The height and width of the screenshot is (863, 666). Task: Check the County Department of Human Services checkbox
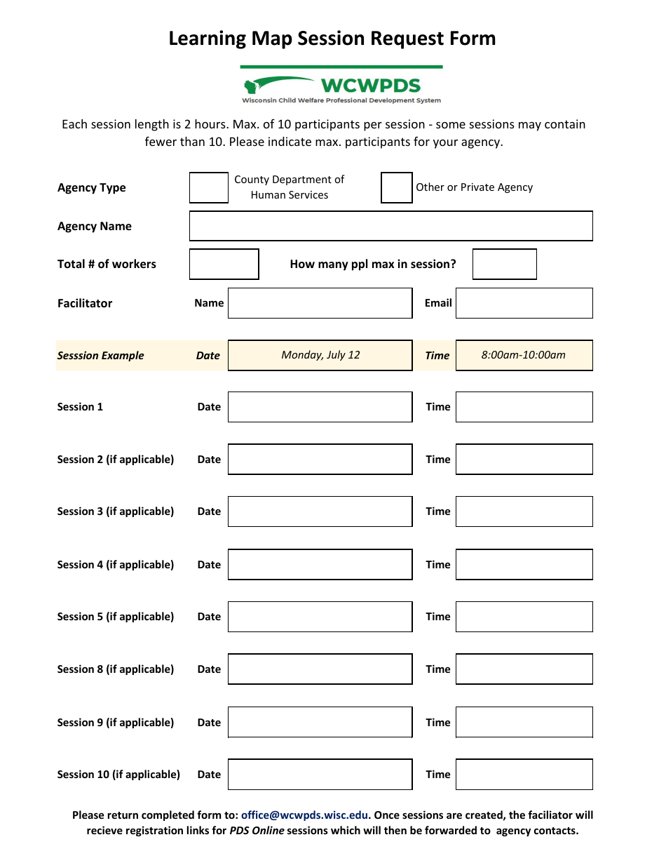click(x=209, y=188)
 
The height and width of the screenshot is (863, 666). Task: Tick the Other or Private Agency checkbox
click(x=396, y=187)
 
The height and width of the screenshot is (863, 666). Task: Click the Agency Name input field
click(x=390, y=226)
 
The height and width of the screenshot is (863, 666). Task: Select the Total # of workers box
click(x=224, y=264)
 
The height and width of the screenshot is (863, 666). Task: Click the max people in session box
click(x=504, y=264)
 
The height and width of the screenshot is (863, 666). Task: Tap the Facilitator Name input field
click(x=320, y=303)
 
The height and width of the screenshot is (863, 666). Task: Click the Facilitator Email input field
click(x=524, y=303)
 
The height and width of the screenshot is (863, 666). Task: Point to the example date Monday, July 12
click(x=320, y=355)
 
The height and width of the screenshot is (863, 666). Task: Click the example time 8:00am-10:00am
click(x=524, y=355)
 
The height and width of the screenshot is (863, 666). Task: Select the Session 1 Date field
click(x=320, y=407)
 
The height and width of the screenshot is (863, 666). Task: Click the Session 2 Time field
click(x=524, y=460)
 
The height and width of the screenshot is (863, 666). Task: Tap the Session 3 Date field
click(x=320, y=511)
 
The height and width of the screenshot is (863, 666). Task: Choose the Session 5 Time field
click(x=524, y=617)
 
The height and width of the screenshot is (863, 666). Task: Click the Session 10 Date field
click(x=320, y=775)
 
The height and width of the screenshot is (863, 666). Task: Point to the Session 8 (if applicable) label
click(x=116, y=669)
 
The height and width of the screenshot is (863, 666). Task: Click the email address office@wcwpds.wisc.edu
click(x=304, y=815)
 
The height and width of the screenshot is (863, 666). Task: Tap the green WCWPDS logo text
click(x=370, y=86)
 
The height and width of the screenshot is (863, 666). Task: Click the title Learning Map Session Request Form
click(x=332, y=39)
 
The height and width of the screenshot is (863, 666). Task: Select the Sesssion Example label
click(x=100, y=356)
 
